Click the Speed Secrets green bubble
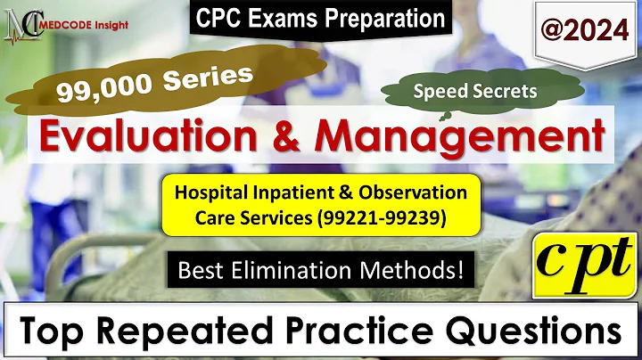(462, 90)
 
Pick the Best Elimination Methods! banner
(318, 267)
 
